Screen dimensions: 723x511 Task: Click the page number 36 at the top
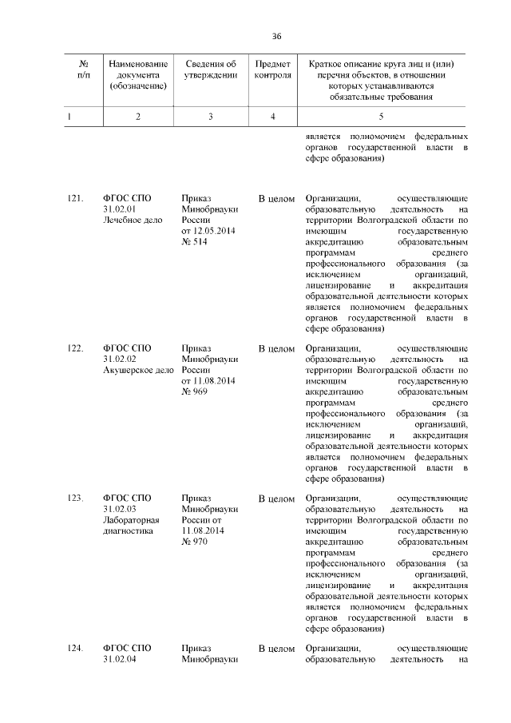pos(277,36)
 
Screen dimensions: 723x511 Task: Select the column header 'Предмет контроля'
pos(272,70)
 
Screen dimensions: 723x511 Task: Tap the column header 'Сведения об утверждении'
pos(210,70)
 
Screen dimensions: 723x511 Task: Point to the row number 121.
pos(76,197)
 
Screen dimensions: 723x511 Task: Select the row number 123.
pos(76,498)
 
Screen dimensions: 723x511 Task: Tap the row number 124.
pos(76,648)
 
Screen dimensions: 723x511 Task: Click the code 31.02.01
pos(121,209)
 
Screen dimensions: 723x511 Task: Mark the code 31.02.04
pos(121,659)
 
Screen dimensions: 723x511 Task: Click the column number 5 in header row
pos(380,117)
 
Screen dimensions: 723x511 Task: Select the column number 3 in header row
pos(210,117)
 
